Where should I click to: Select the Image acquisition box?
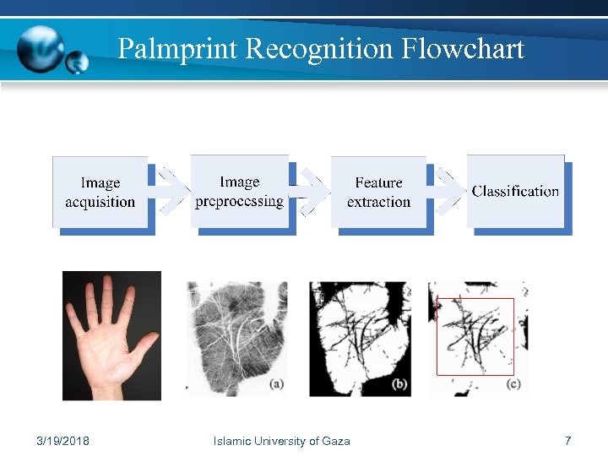tap(100, 193)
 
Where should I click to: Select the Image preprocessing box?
tap(240, 192)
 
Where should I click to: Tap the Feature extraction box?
tap(378, 193)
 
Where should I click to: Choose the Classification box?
tap(515, 192)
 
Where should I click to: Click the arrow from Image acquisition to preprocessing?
tap(171, 193)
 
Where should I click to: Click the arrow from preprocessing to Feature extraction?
tap(310, 193)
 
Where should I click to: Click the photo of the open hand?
tap(111, 335)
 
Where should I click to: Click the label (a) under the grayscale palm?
tap(276, 384)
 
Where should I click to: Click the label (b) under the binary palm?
tap(400, 384)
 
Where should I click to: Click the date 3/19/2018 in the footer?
tap(64, 441)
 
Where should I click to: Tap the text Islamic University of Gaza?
tap(281, 441)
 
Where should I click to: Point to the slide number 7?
tap(567, 441)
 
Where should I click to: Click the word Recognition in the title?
tap(320, 49)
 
